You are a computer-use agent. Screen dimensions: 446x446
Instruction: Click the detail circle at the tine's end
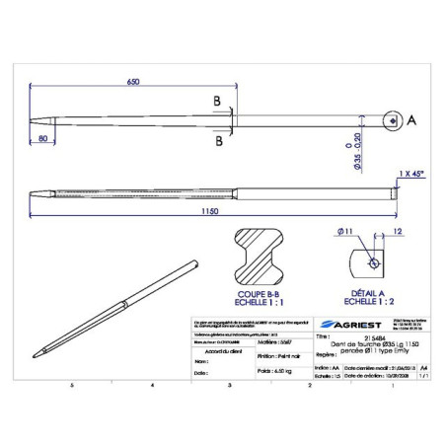pos(393,120)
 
